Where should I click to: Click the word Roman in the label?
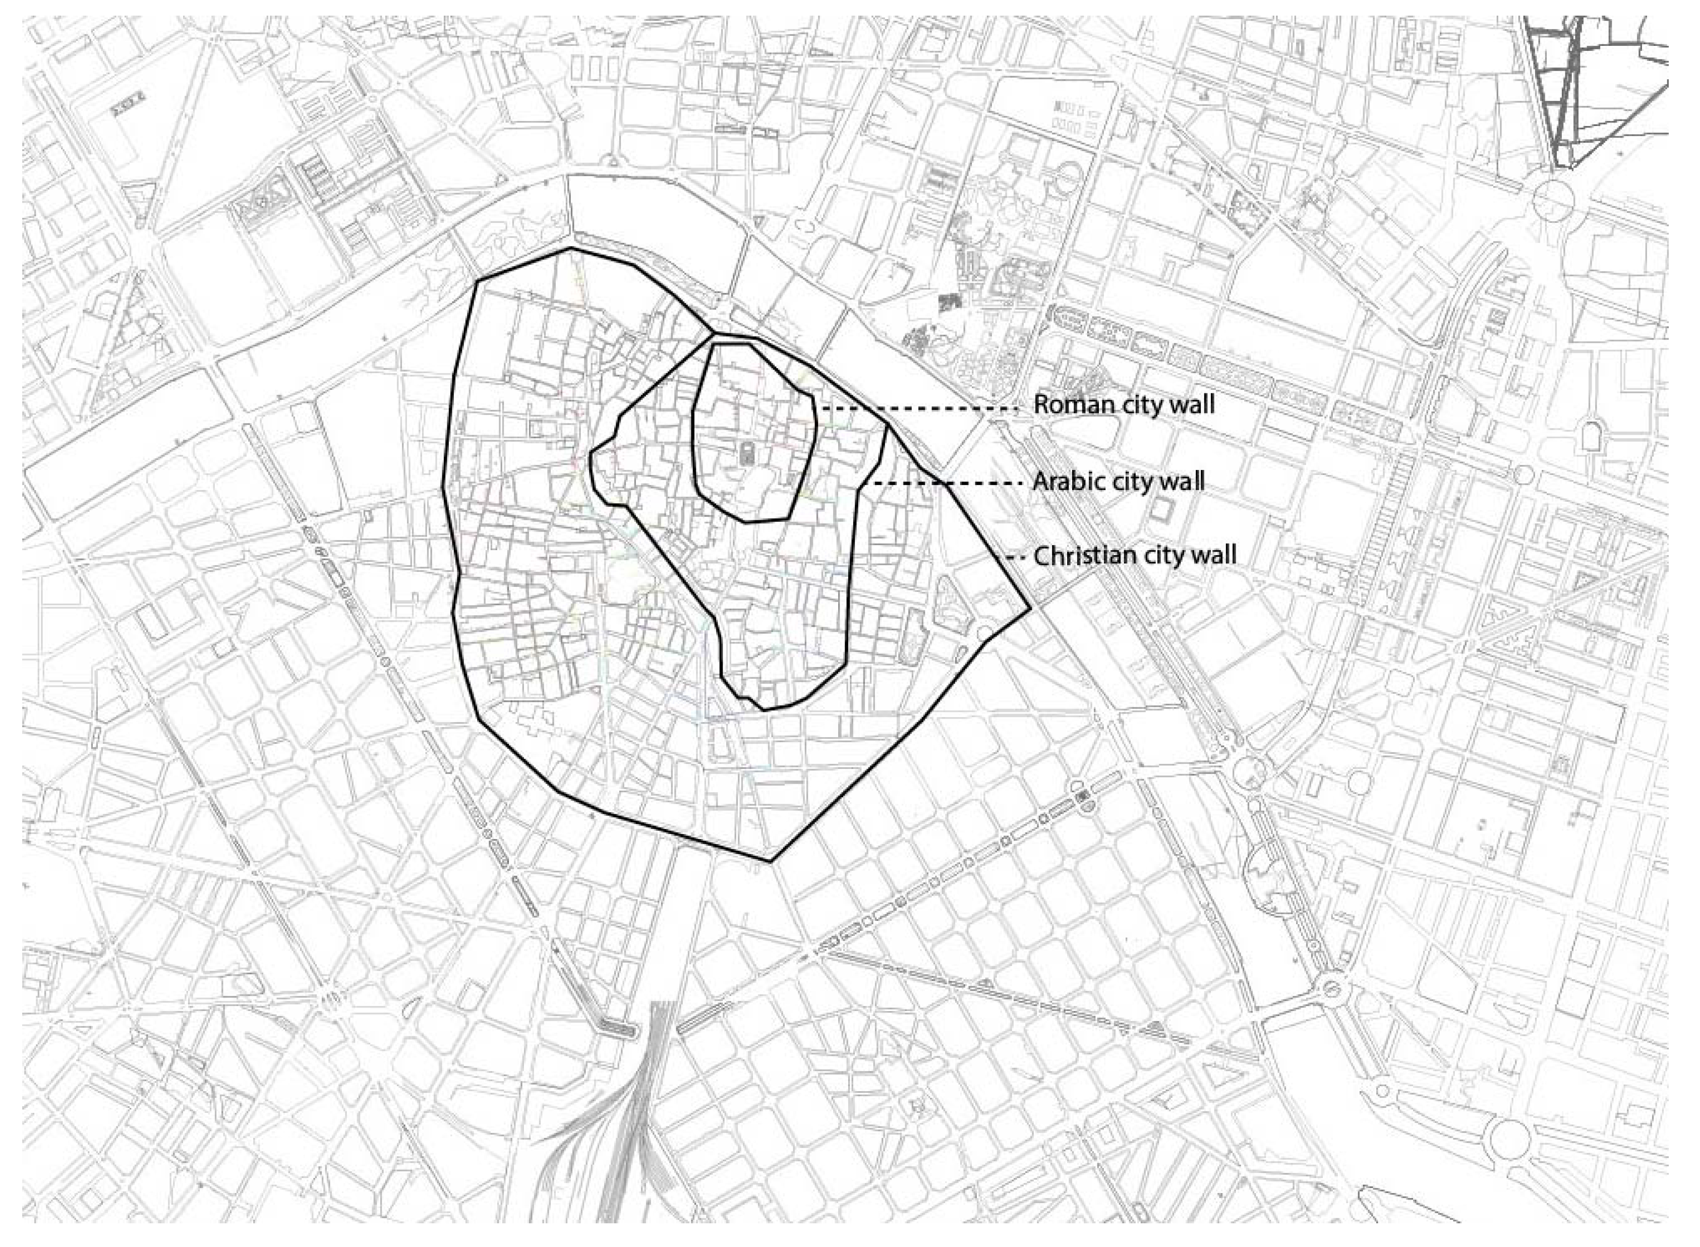1063,405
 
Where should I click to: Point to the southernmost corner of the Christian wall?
771,861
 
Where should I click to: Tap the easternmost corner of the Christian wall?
1029,608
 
